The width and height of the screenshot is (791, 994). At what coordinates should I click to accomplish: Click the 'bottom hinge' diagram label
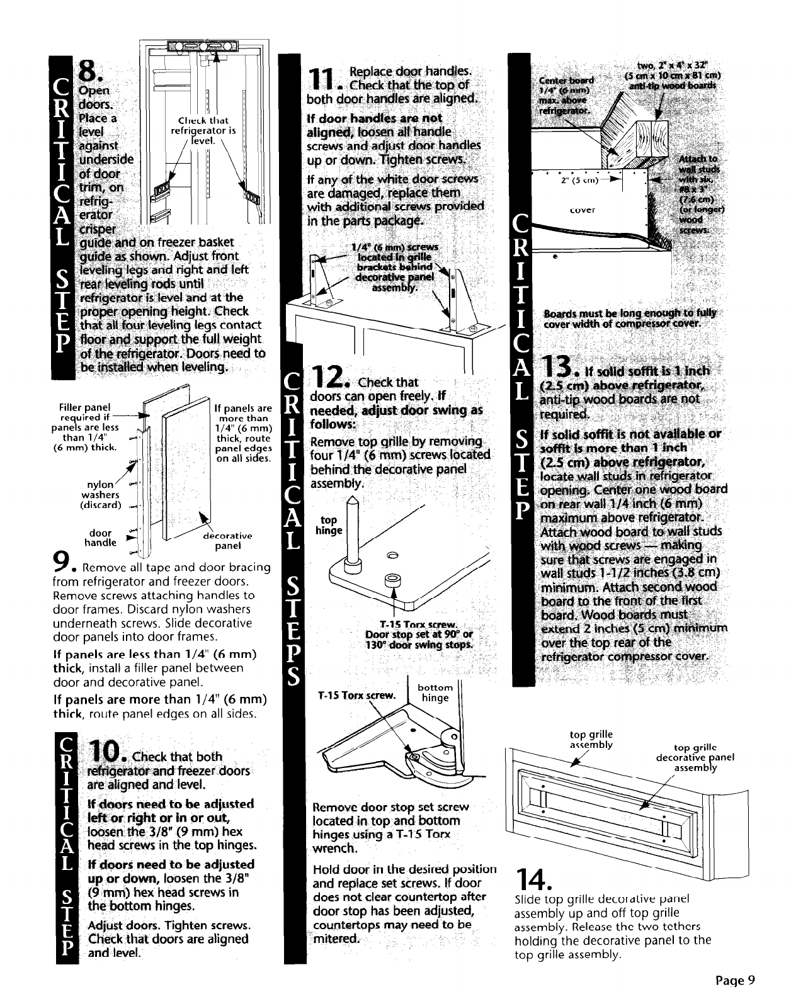(435, 692)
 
